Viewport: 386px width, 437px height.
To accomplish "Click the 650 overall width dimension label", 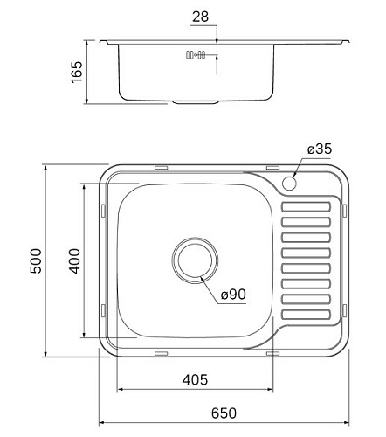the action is tap(224, 413).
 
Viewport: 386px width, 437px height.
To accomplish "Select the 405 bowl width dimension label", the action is tap(195, 380).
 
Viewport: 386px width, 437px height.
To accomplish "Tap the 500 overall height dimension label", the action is tap(36, 260).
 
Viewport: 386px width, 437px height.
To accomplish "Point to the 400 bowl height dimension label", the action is tap(74, 261).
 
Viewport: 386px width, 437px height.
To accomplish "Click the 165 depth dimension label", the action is tap(77, 73).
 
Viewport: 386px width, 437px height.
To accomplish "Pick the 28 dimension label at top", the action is tap(200, 17).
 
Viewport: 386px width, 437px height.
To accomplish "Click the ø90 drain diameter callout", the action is tap(233, 295).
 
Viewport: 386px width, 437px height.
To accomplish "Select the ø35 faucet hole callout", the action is tap(320, 149).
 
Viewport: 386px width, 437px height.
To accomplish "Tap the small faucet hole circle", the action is tap(289, 183).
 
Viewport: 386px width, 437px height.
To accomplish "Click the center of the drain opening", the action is tap(195, 260).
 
